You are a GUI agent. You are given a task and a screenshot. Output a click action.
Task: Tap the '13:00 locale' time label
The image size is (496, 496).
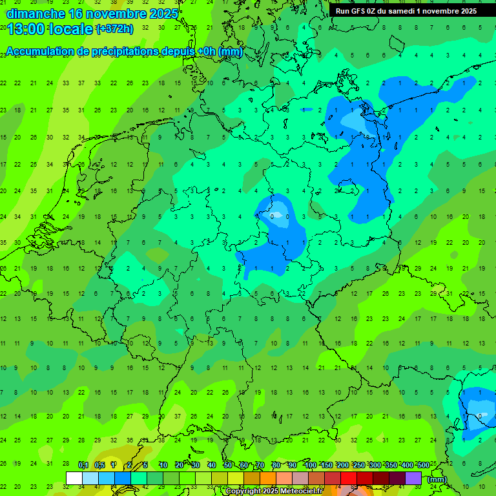[50, 28]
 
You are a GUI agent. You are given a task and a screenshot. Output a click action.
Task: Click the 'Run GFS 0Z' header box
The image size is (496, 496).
[406, 11]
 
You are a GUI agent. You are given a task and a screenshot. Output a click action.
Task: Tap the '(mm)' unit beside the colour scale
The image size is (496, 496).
[437, 479]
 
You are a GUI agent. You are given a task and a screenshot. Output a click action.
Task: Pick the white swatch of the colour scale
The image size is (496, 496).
[74, 478]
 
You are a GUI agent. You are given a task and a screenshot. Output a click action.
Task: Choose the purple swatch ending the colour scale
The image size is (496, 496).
[413, 478]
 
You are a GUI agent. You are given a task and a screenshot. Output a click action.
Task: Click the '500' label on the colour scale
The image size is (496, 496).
[423, 465]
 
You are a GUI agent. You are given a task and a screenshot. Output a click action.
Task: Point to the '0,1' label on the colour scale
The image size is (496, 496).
[83, 465]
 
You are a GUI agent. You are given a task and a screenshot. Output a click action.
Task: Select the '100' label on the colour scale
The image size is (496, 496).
[311, 465]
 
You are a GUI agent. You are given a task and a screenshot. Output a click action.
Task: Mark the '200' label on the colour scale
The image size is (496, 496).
[343, 465]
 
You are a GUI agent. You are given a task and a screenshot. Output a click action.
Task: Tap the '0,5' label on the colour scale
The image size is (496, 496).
[99, 465]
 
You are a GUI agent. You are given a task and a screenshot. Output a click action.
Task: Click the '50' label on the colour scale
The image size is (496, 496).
[227, 465]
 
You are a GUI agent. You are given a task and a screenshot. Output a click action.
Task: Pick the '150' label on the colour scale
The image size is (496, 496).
[327, 465]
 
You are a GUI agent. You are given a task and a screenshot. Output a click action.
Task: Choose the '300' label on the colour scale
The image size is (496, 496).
[375, 465]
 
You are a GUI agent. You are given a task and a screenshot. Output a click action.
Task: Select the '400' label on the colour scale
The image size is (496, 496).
[407, 465]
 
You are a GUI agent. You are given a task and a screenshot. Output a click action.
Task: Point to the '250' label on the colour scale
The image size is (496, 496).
[358, 465]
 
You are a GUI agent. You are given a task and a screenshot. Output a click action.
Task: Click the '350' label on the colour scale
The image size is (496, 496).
[391, 465]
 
